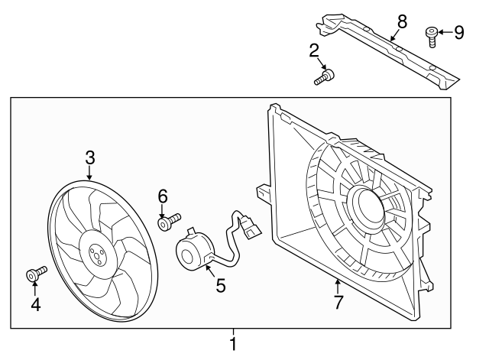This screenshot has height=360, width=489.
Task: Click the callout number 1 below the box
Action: click(233, 345)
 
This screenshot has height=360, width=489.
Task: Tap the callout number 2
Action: click(314, 51)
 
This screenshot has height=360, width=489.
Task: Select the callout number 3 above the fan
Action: click(90, 158)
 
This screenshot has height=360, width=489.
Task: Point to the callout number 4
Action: click(36, 305)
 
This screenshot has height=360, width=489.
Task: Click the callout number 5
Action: click(221, 286)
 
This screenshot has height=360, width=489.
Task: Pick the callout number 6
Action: click(163, 196)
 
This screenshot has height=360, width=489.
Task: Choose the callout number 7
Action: click(338, 302)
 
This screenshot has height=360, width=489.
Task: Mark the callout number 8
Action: click(403, 22)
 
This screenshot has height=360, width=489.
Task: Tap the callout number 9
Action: click(458, 32)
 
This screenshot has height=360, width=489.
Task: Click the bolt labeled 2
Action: click(324, 77)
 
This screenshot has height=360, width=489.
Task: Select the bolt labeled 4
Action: click(36, 273)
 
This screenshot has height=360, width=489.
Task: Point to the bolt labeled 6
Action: click(169, 221)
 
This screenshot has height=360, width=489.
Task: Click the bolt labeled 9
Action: click(432, 37)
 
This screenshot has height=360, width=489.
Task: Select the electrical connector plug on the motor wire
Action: click(250, 229)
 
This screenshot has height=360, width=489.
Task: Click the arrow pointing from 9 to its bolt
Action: click(445, 32)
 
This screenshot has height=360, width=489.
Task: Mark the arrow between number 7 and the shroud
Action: click(338, 287)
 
